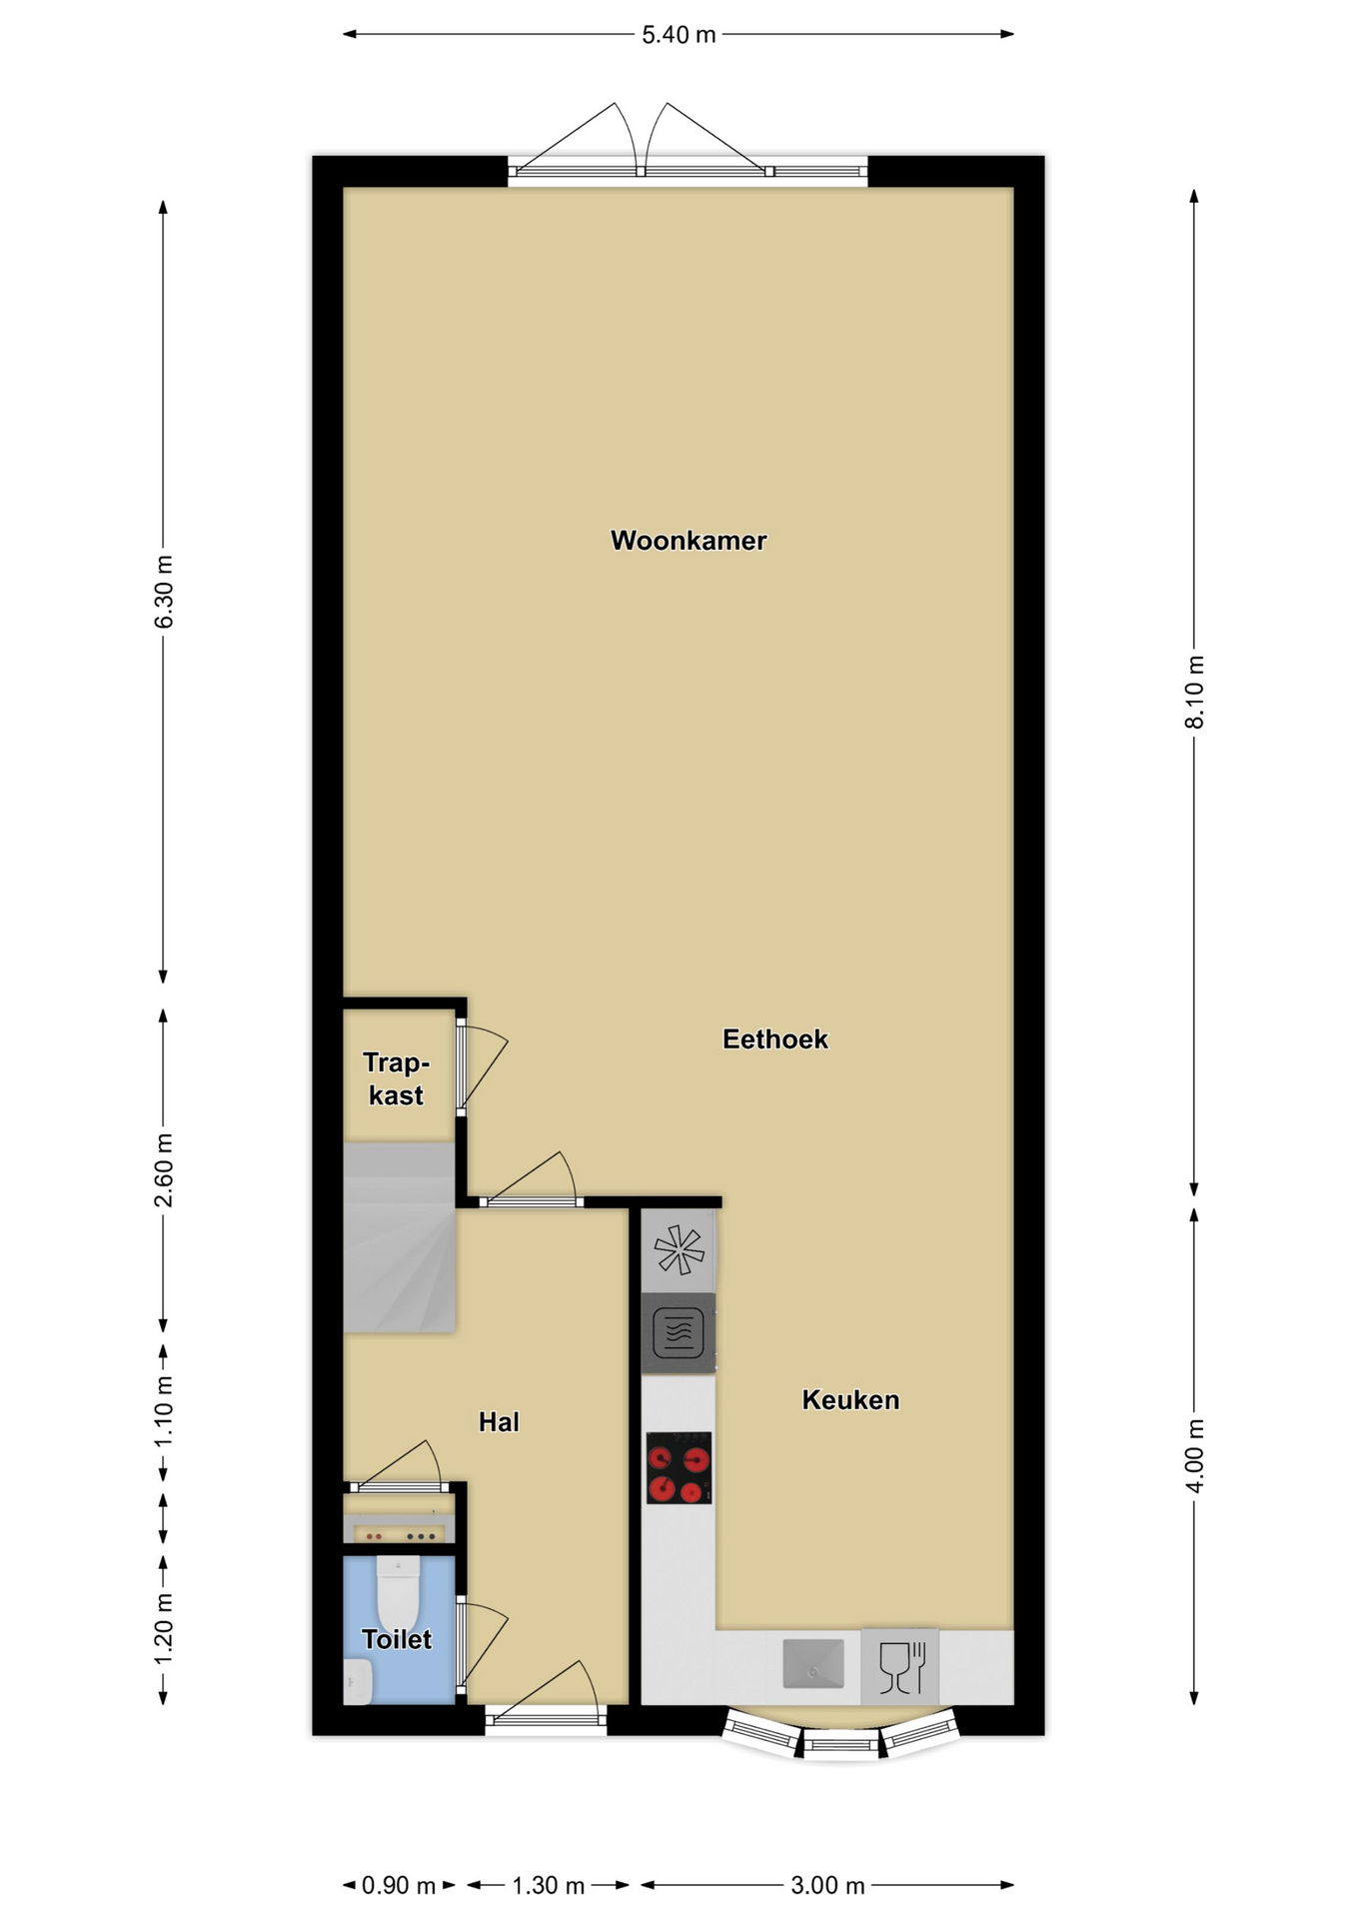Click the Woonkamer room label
pyautogui.click(x=688, y=541)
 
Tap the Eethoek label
pyautogui.click(x=775, y=1039)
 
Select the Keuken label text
pyautogui.click(x=850, y=1400)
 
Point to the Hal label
pyautogui.click(x=499, y=1422)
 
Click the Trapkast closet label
pyautogui.click(x=397, y=1079)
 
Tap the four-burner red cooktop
pyautogui.click(x=678, y=1467)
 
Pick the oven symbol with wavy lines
pyautogui.click(x=678, y=1332)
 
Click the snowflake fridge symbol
pyautogui.click(x=678, y=1249)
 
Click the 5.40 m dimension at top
pyautogui.click(x=678, y=35)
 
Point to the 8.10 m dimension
pyautogui.click(x=1195, y=692)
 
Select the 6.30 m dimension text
pyautogui.click(x=164, y=592)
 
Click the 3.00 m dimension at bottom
pyautogui.click(x=827, y=1886)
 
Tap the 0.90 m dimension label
pyautogui.click(x=399, y=1886)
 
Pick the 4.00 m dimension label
pyautogui.click(x=1195, y=1455)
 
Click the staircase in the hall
pyautogui.click(x=400, y=1237)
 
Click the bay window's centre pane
pyautogui.click(x=841, y=1745)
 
